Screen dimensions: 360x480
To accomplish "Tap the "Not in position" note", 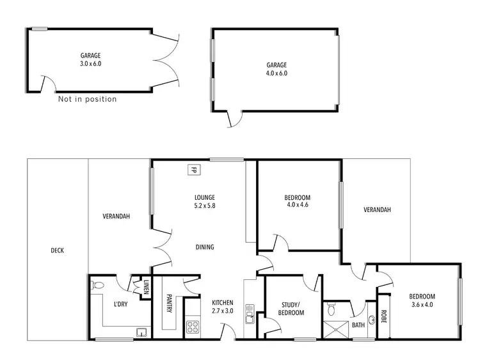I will pos(87,99).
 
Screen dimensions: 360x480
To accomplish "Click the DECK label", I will pos(56,250).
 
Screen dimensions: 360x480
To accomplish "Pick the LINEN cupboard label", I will pos(146,288).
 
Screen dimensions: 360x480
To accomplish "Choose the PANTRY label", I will pos(169,302).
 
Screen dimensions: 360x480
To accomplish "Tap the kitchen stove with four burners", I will pos(193,328).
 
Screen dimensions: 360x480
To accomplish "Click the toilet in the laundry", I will pos(97,284).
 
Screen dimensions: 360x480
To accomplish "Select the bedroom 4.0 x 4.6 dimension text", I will pos(298,206).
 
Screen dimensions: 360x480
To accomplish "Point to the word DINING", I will pos(205,247).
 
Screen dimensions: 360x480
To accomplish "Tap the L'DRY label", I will pos(120,304).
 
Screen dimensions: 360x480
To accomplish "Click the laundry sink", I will pos(141,332).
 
